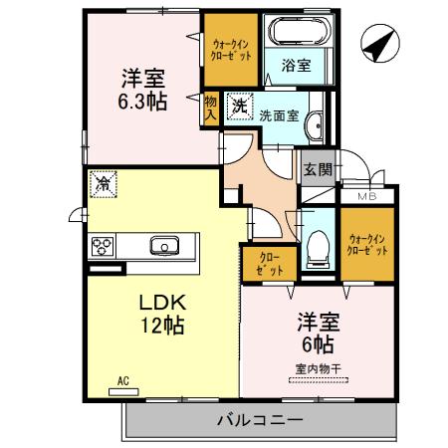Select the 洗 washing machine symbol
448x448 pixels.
[239, 103]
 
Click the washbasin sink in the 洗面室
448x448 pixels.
[316, 125]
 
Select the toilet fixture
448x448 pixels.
[317, 245]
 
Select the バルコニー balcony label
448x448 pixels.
[259, 420]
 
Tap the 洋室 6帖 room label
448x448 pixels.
[318, 333]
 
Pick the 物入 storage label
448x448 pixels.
[210, 108]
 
